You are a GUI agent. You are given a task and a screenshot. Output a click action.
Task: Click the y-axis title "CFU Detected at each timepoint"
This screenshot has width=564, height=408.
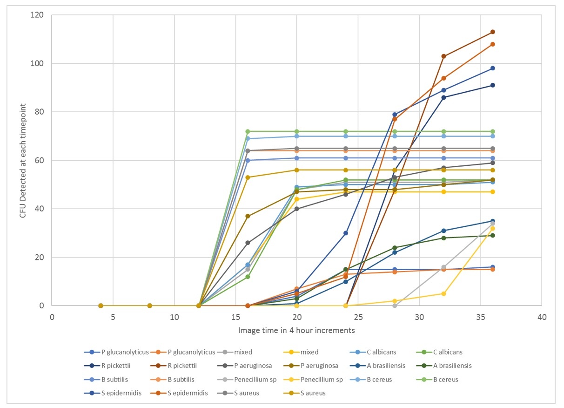click(x=22, y=161)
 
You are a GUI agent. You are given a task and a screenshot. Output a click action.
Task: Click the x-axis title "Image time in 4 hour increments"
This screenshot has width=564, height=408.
click(x=296, y=331)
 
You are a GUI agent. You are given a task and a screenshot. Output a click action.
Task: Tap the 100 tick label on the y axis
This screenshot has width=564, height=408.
click(x=41, y=63)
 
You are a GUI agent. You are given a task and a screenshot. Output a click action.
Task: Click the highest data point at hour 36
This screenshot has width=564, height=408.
click(x=492, y=32)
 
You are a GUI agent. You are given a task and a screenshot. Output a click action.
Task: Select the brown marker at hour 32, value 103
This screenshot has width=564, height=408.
click(x=443, y=56)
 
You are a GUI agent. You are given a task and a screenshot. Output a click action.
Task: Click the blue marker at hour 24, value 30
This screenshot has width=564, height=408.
click(x=346, y=233)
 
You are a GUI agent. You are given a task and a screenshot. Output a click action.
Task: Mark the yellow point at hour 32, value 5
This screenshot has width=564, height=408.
click(x=443, y=293)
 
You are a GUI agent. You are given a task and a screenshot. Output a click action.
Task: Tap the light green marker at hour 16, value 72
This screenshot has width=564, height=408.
click(x=248, y=131)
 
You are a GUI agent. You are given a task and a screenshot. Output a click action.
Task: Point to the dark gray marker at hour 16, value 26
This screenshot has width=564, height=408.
click(x=248, y=243)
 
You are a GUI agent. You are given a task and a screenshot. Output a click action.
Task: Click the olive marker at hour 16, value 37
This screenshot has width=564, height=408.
click(x=248, y=216)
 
